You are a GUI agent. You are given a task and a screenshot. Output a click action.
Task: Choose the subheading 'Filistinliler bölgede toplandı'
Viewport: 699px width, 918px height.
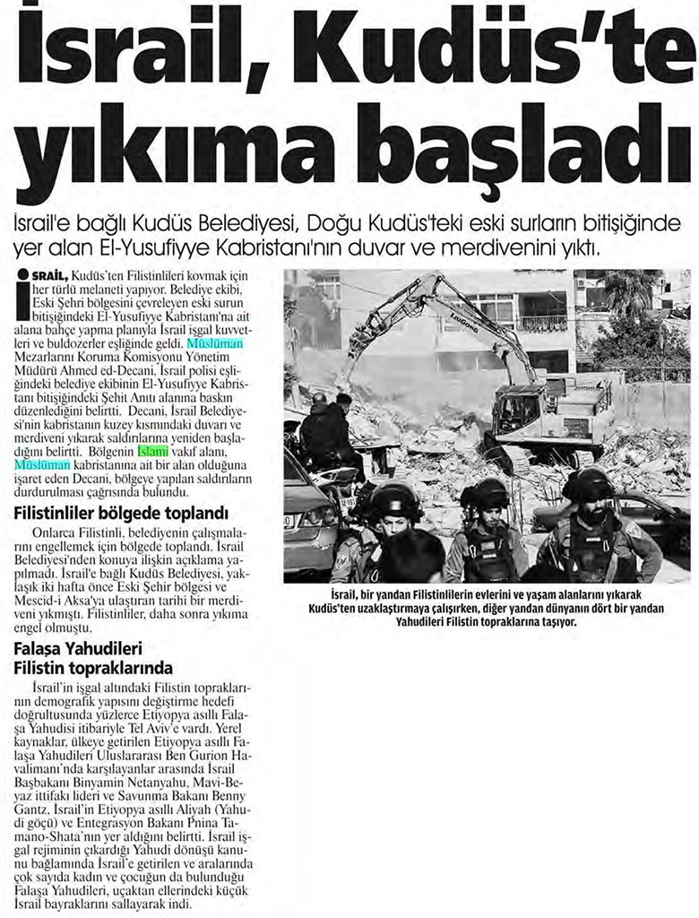[x=120, y=514]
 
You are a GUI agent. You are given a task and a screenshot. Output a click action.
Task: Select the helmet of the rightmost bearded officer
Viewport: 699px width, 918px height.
[x=588, y=485]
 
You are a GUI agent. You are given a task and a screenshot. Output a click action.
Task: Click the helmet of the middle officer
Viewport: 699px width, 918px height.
[x=485, y=493]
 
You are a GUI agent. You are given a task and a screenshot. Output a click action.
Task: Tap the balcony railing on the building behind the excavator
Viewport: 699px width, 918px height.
[x=543, y=323]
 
